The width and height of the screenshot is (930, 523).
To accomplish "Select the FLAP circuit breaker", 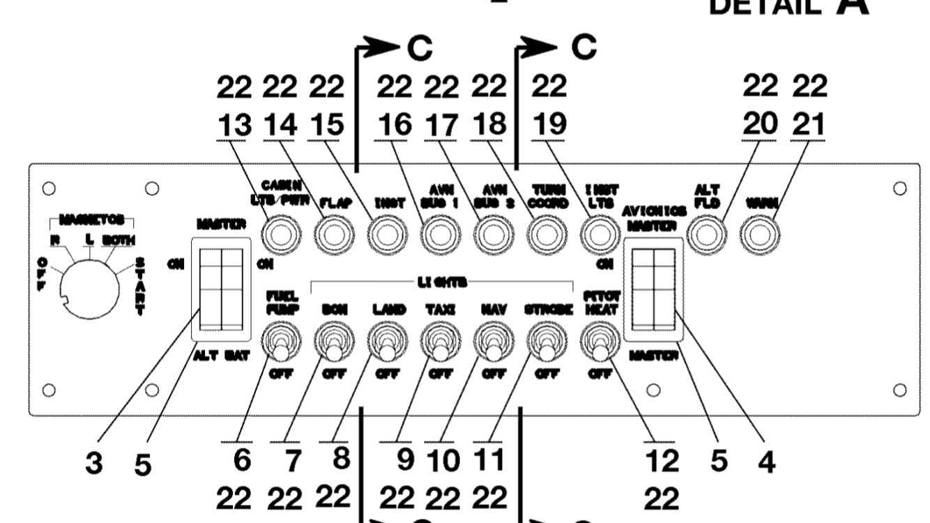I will [334, 236].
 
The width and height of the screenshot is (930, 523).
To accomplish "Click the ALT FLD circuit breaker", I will [706, 236].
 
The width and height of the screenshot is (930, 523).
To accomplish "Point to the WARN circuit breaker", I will [759, 236].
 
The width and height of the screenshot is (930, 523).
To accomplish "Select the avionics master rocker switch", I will [653, 289].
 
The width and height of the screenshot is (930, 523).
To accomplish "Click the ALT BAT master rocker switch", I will [220, 289].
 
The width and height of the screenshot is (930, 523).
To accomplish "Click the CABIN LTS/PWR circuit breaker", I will [280, 236].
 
